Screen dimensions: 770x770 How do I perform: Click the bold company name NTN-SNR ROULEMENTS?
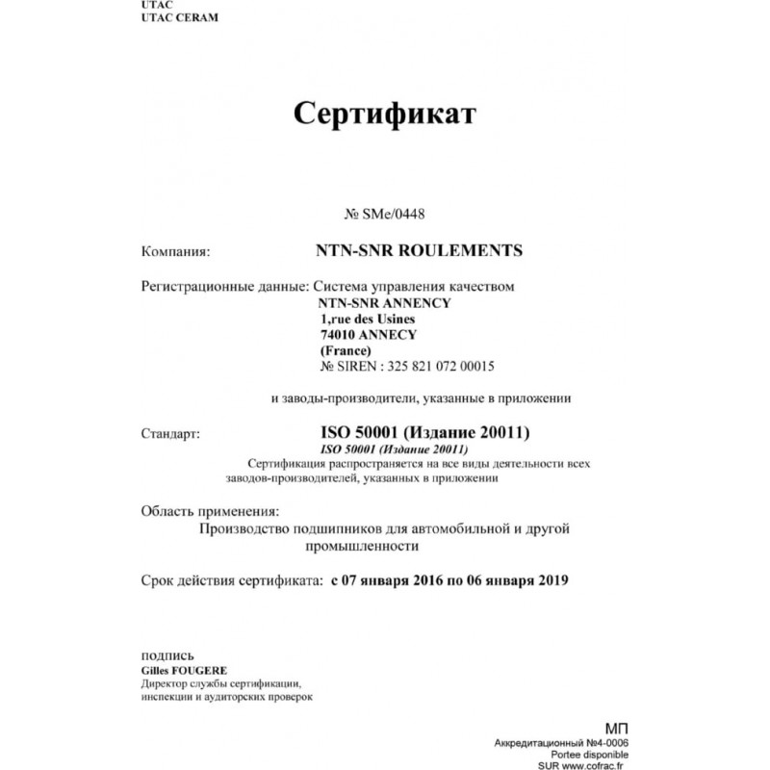pyautogui.click(x=419, y=250)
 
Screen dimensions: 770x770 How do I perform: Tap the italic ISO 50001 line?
pyautogui.click(x=394, y=449)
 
